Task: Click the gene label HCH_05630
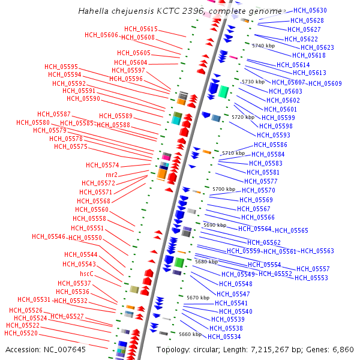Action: (x=310, y=11)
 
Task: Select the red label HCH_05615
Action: (x=141, y=29)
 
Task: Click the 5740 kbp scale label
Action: (x=263, y=46)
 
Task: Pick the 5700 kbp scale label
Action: (x=224, y=189)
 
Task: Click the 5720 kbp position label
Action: (x=243, y=117)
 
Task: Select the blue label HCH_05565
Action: (x=292, y=230)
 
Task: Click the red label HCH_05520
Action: (x=21, y=333)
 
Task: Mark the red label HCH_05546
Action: (x=48, y=236)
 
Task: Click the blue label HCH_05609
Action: (x=325, y=83)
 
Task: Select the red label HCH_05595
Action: (x=61, y=67)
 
